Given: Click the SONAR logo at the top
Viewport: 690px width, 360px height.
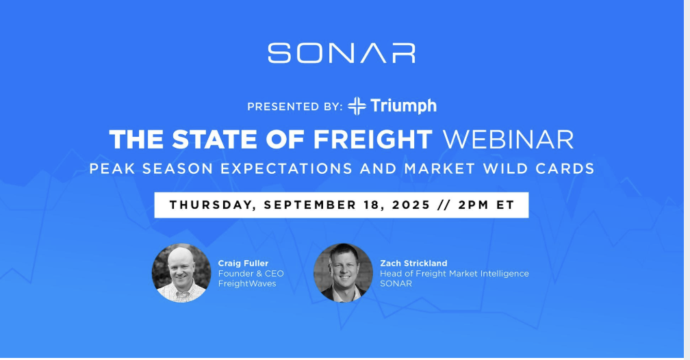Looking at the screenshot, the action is pos(342,53).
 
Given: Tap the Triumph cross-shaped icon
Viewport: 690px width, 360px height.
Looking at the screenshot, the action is pos(357,106).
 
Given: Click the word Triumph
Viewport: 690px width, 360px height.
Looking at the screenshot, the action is pos(404,107).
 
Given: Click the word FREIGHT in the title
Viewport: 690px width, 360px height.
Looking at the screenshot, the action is pos(372,140).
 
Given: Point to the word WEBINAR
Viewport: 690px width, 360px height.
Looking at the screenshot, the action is pos(508,140).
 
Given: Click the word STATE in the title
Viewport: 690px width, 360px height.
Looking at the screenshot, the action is pos(214,140).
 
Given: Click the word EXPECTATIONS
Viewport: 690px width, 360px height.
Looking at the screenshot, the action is pos(286,168).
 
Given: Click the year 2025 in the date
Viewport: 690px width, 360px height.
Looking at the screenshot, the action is pos(411,205).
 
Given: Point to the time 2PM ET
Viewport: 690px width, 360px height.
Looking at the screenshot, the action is pos(486,205).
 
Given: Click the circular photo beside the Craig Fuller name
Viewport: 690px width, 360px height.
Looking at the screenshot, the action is pos(181,273).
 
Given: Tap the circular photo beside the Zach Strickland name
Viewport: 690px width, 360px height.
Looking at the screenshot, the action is pos(343,273).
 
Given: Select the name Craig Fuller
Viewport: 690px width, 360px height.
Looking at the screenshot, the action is pos(244,263).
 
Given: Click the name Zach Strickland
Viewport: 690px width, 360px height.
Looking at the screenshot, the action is pos(413,263).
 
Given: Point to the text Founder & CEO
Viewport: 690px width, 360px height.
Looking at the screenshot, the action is pos(251,274).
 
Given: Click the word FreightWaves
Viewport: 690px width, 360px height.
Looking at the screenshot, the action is pos(247,284).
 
